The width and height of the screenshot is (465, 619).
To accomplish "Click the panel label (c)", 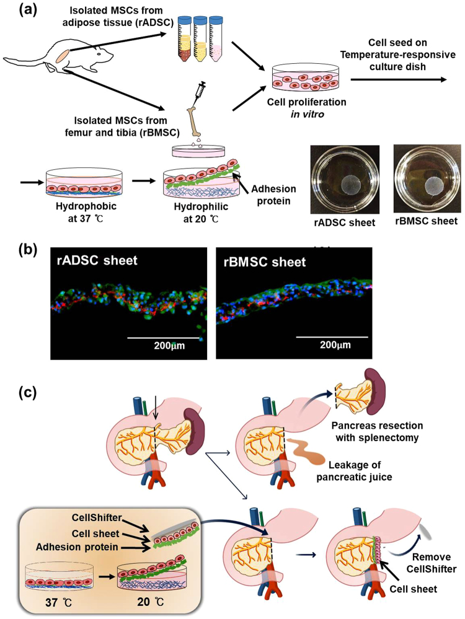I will (14, 392).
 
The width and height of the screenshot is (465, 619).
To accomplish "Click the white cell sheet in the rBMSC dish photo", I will (425, 185).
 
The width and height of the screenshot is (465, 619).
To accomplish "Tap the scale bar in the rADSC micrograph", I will (164, 338).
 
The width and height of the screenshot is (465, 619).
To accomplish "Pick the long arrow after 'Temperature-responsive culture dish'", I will (399, 79).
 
